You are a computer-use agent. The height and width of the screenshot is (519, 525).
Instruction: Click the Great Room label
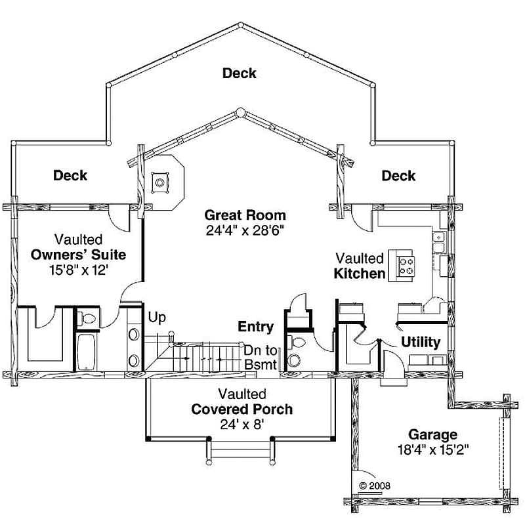[245, 215]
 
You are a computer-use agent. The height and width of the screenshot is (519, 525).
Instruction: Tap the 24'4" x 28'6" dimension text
[245, 230]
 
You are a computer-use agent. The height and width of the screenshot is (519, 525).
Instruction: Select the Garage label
[432, 434]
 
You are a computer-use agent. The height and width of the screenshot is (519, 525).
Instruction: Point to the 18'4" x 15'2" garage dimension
[433, 449]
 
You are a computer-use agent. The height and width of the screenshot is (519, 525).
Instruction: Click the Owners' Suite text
[78, 255]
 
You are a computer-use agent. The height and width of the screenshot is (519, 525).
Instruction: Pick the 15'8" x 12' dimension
[79, 270]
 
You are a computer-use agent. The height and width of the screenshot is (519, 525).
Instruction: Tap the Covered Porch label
[241, 409]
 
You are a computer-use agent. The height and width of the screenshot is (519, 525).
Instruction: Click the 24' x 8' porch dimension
[241, 425]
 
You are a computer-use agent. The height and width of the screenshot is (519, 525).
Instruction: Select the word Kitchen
[360, 274]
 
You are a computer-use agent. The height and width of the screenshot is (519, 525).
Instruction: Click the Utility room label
[421, 343]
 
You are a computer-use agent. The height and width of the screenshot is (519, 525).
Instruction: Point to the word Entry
[255, 327]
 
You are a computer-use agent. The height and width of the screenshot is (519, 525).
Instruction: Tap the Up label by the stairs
[157, 318]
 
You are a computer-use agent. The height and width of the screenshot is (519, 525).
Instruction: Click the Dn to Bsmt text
[261, 358]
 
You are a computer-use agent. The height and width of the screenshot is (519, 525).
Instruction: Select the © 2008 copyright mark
[374, 486]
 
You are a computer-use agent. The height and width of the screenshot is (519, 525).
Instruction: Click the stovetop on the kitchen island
[406, 266]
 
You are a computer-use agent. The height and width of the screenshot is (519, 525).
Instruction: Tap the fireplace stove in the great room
[159, 182]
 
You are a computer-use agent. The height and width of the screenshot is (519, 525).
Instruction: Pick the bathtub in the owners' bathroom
[87, 352]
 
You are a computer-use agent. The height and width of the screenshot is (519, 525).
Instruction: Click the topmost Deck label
[239, 73]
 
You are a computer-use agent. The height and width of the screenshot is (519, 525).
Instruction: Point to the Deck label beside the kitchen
[398, 176]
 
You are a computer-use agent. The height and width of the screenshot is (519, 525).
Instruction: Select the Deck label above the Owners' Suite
[70, 175]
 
